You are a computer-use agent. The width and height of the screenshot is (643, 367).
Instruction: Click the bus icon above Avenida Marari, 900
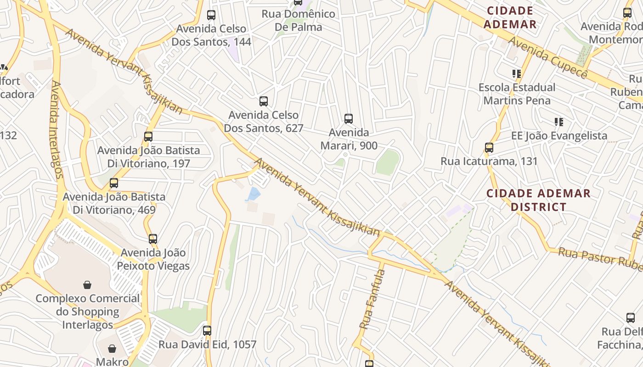tap(349, 119)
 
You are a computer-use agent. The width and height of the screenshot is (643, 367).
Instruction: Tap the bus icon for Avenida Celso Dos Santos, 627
tap(264, 101)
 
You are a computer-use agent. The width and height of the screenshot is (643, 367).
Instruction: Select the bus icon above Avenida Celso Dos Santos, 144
tap(211, 15)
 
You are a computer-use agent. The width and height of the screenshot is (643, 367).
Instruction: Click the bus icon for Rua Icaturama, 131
tap(489, 148)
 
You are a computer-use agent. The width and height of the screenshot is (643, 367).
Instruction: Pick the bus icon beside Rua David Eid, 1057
tap(207, 330)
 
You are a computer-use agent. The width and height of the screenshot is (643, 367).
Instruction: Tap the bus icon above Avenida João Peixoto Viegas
tap(153, 239)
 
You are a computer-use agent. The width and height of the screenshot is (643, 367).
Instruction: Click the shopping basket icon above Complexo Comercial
tap(87, 285)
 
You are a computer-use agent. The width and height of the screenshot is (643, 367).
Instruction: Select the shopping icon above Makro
tap(112, 349)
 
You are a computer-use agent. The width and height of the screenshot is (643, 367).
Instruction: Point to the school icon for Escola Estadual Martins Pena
tap(517, 73)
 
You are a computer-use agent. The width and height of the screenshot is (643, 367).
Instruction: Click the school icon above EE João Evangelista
tap(559, 122)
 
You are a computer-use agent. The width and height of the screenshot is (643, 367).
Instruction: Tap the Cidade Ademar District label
tap(538, 200)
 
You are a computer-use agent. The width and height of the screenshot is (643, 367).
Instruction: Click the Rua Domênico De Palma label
tap(299, 20)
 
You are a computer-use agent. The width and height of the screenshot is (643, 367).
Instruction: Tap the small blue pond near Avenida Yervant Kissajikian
tap(253, 194)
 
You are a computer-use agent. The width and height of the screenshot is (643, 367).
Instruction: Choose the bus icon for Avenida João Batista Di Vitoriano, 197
tap(148, 136)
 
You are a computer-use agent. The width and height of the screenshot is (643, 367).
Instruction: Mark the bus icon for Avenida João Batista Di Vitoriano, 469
tap(114, 183)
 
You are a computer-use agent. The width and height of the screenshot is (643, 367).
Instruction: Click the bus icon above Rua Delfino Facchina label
tap(631, 317)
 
